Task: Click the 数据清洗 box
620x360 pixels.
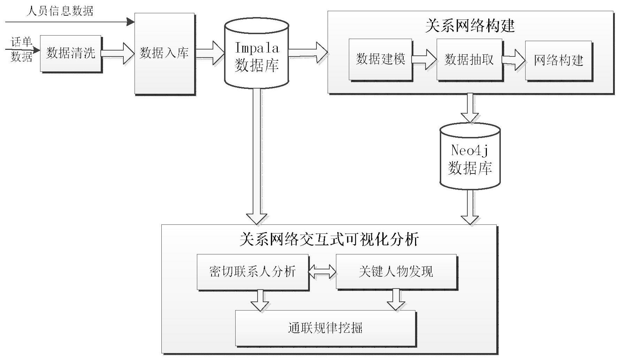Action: click(x=70, y=53)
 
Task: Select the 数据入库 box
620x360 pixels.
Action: click(x=164, y=53)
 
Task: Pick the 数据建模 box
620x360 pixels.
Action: click(x=380, y=59)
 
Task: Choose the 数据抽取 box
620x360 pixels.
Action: click(x=469, y=59)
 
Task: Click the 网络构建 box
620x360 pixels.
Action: click(x=558, y=60)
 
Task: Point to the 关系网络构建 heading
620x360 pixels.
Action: click(x=470, y=26)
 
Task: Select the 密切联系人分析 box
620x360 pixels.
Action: click(x=253, y=271)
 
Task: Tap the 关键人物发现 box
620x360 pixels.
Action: click(x=396, y=271)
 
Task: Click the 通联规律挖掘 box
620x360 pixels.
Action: click(x=325, y=328)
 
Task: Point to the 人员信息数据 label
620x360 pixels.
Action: click(x=60, y=11)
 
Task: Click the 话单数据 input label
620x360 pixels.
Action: click(x=21, y=49)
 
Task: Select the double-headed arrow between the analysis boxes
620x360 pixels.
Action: click(x=322, y=272)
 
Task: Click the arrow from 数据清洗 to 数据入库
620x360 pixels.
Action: click(x=118, y=53)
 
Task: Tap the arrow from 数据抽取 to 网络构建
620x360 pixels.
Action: click(x=514, y=60)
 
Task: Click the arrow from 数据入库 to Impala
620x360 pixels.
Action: click(x=209, y=53)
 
